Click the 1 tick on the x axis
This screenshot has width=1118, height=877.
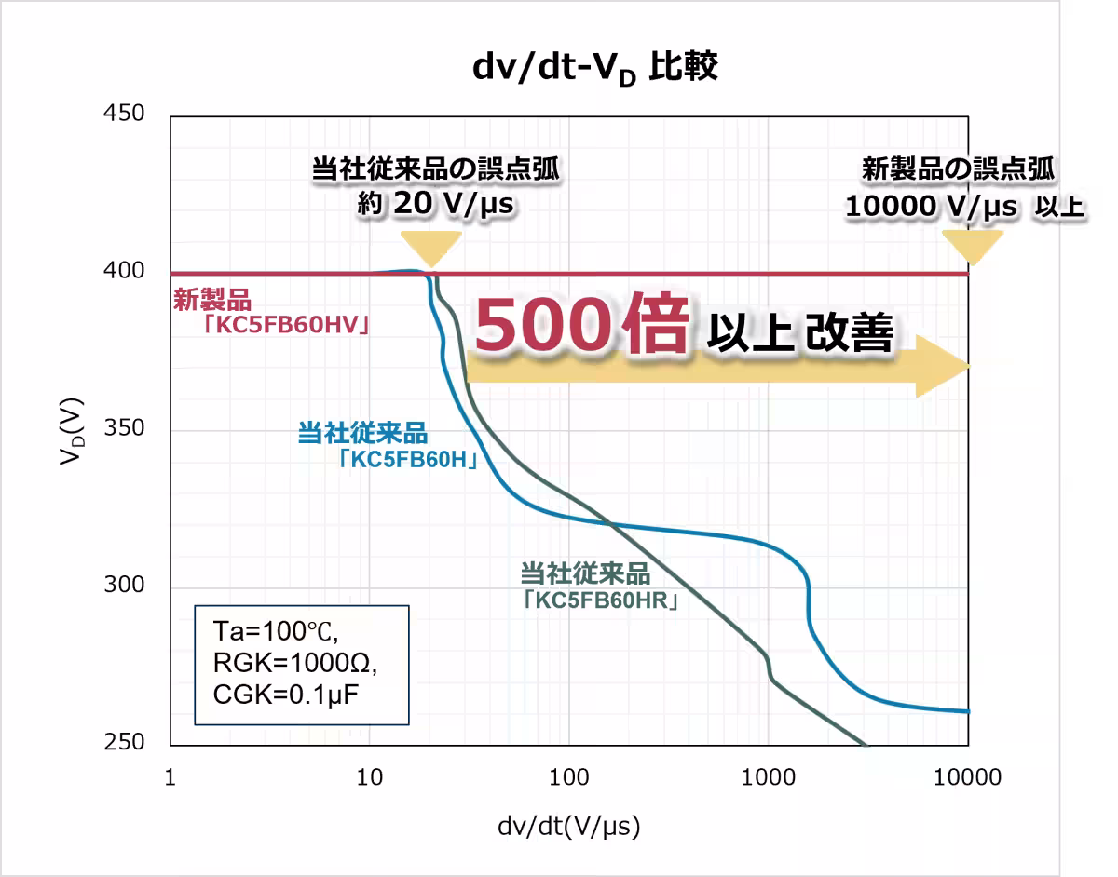pos(170,776)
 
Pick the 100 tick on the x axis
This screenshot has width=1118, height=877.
pos(568,776)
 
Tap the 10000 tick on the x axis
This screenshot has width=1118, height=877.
pos(968,776)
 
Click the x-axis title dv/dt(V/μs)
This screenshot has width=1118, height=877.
pos(568,825)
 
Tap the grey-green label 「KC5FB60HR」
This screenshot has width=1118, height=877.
pos(600,600)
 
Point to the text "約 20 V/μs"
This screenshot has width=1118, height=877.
pos(436,203)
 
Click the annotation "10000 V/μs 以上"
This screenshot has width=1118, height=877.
pos(965,207)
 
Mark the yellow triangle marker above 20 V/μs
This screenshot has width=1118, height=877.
pos(431,247)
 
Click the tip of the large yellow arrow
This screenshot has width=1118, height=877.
pos(968,366)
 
